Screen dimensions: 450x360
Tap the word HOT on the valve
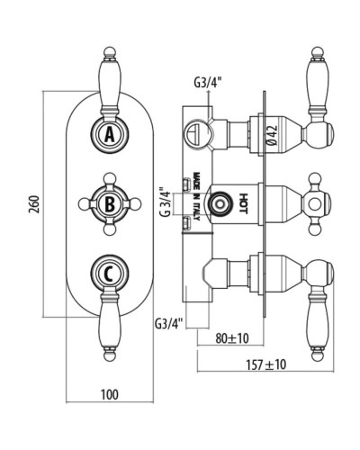(x=242, y=203)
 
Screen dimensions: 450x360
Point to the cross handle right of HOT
(x=316, y=203)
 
